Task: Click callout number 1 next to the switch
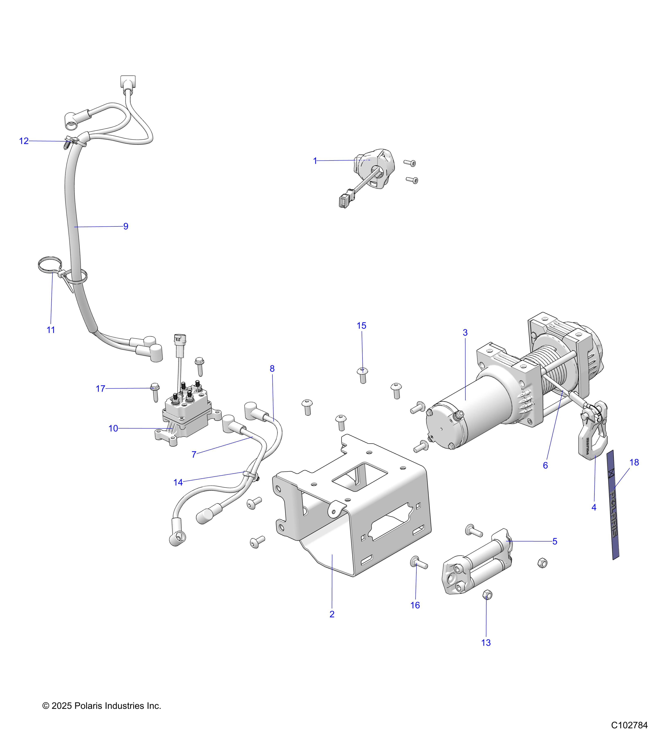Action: point(315,161)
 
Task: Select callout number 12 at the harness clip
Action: point(24,141)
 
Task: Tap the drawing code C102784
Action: point(629,725)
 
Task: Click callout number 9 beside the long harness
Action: point(126,226)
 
